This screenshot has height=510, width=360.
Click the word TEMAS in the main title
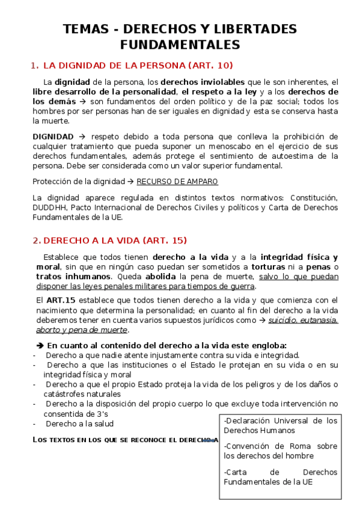85,29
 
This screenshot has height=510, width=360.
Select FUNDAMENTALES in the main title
180,45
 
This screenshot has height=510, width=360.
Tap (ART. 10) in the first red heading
210,65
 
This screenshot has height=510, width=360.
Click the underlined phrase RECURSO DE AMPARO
177,182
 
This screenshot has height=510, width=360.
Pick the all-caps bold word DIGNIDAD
53,137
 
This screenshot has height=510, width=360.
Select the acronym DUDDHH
51,208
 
